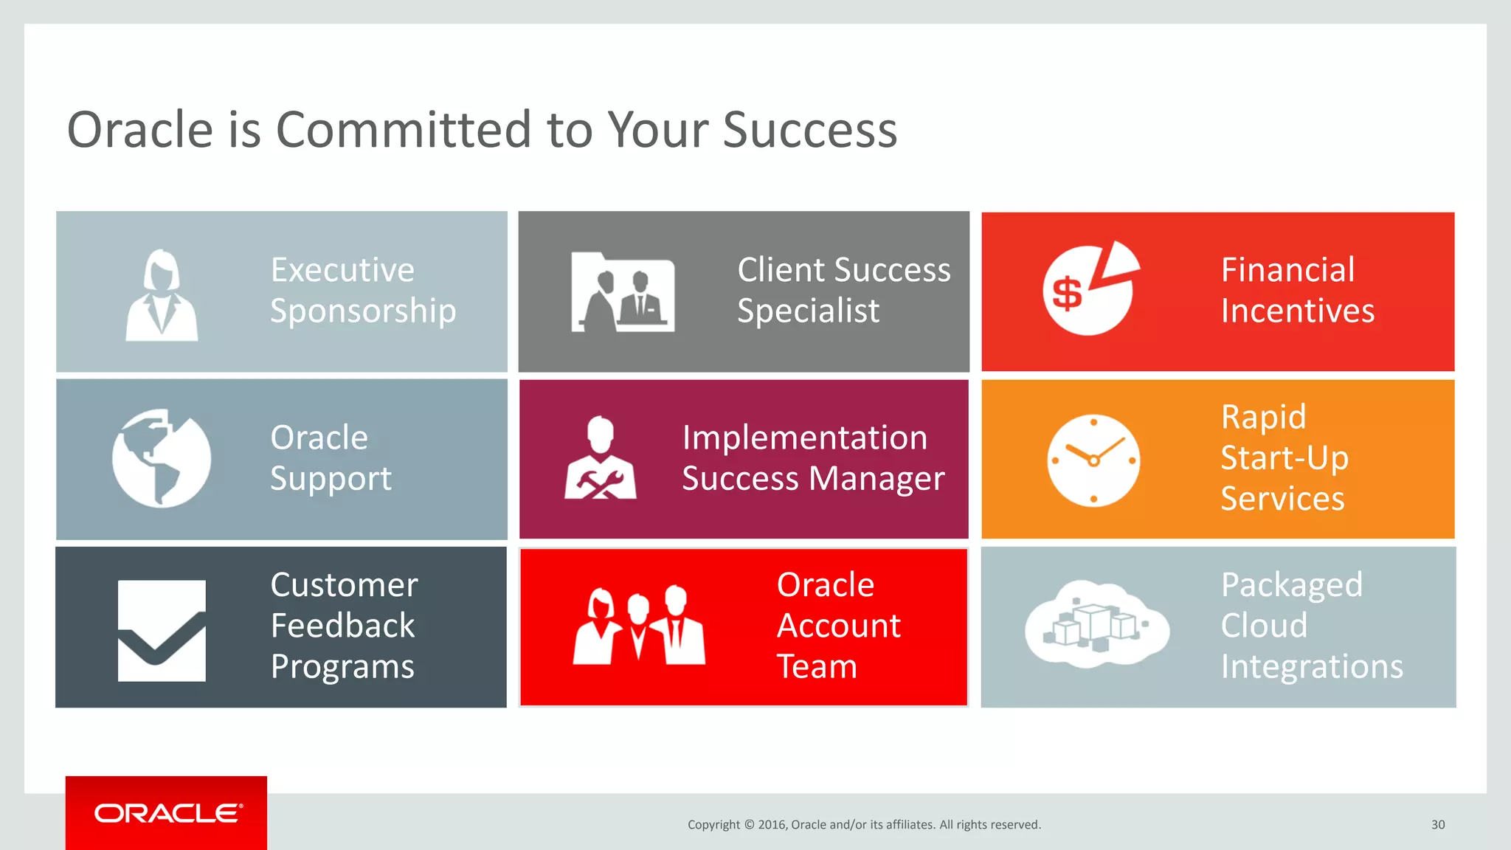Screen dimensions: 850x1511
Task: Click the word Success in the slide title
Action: (x=809, y=130)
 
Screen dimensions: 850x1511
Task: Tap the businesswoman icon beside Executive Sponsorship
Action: (x=162, y=295)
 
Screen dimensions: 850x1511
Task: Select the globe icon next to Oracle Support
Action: (x=162, y=458)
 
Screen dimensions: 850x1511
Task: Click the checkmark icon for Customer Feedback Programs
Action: (x=162, y=631)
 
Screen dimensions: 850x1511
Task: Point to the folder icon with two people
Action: (x=623, y=292)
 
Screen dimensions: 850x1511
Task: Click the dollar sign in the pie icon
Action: (x=1067, y=293)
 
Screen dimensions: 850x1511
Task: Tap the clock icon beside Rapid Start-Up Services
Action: (x=1093, y=460)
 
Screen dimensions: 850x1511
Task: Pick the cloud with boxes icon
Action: (x=1096, y=624)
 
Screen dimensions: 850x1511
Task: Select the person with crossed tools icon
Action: (x=601, y=459)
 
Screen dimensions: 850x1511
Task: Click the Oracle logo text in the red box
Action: (x=167, y=813)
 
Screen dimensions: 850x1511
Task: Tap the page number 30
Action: (x=1438, y=825)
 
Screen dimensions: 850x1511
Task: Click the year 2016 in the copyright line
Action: (x=772, y=825)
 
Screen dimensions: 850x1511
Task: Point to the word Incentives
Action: (x=1297, y=311)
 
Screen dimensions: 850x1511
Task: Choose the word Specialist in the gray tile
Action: (x=808, y=311)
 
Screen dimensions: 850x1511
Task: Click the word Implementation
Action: (x=804, y=438)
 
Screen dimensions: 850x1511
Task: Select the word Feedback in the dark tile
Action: (x=342, y=626)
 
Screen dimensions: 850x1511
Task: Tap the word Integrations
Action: (x=1311, y=667)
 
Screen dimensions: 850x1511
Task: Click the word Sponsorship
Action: (x=363, y=311)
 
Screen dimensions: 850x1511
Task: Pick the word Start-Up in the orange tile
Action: (x=1284, y=458)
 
